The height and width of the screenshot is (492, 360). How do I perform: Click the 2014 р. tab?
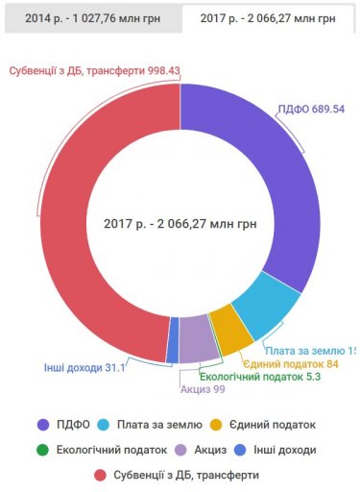[x=89, y=18]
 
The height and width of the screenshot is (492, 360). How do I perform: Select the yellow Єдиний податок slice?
[x=231, y=330]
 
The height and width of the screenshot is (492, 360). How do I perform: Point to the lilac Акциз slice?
[x=197, y=340]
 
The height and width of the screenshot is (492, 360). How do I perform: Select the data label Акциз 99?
[x=202, y=390]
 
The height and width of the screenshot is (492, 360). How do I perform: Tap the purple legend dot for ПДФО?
[x=43, y=424]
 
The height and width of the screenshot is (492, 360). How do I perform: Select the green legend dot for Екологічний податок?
[x=43, y=449]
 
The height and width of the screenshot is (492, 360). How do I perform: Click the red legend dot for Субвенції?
[x=101, y=474]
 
